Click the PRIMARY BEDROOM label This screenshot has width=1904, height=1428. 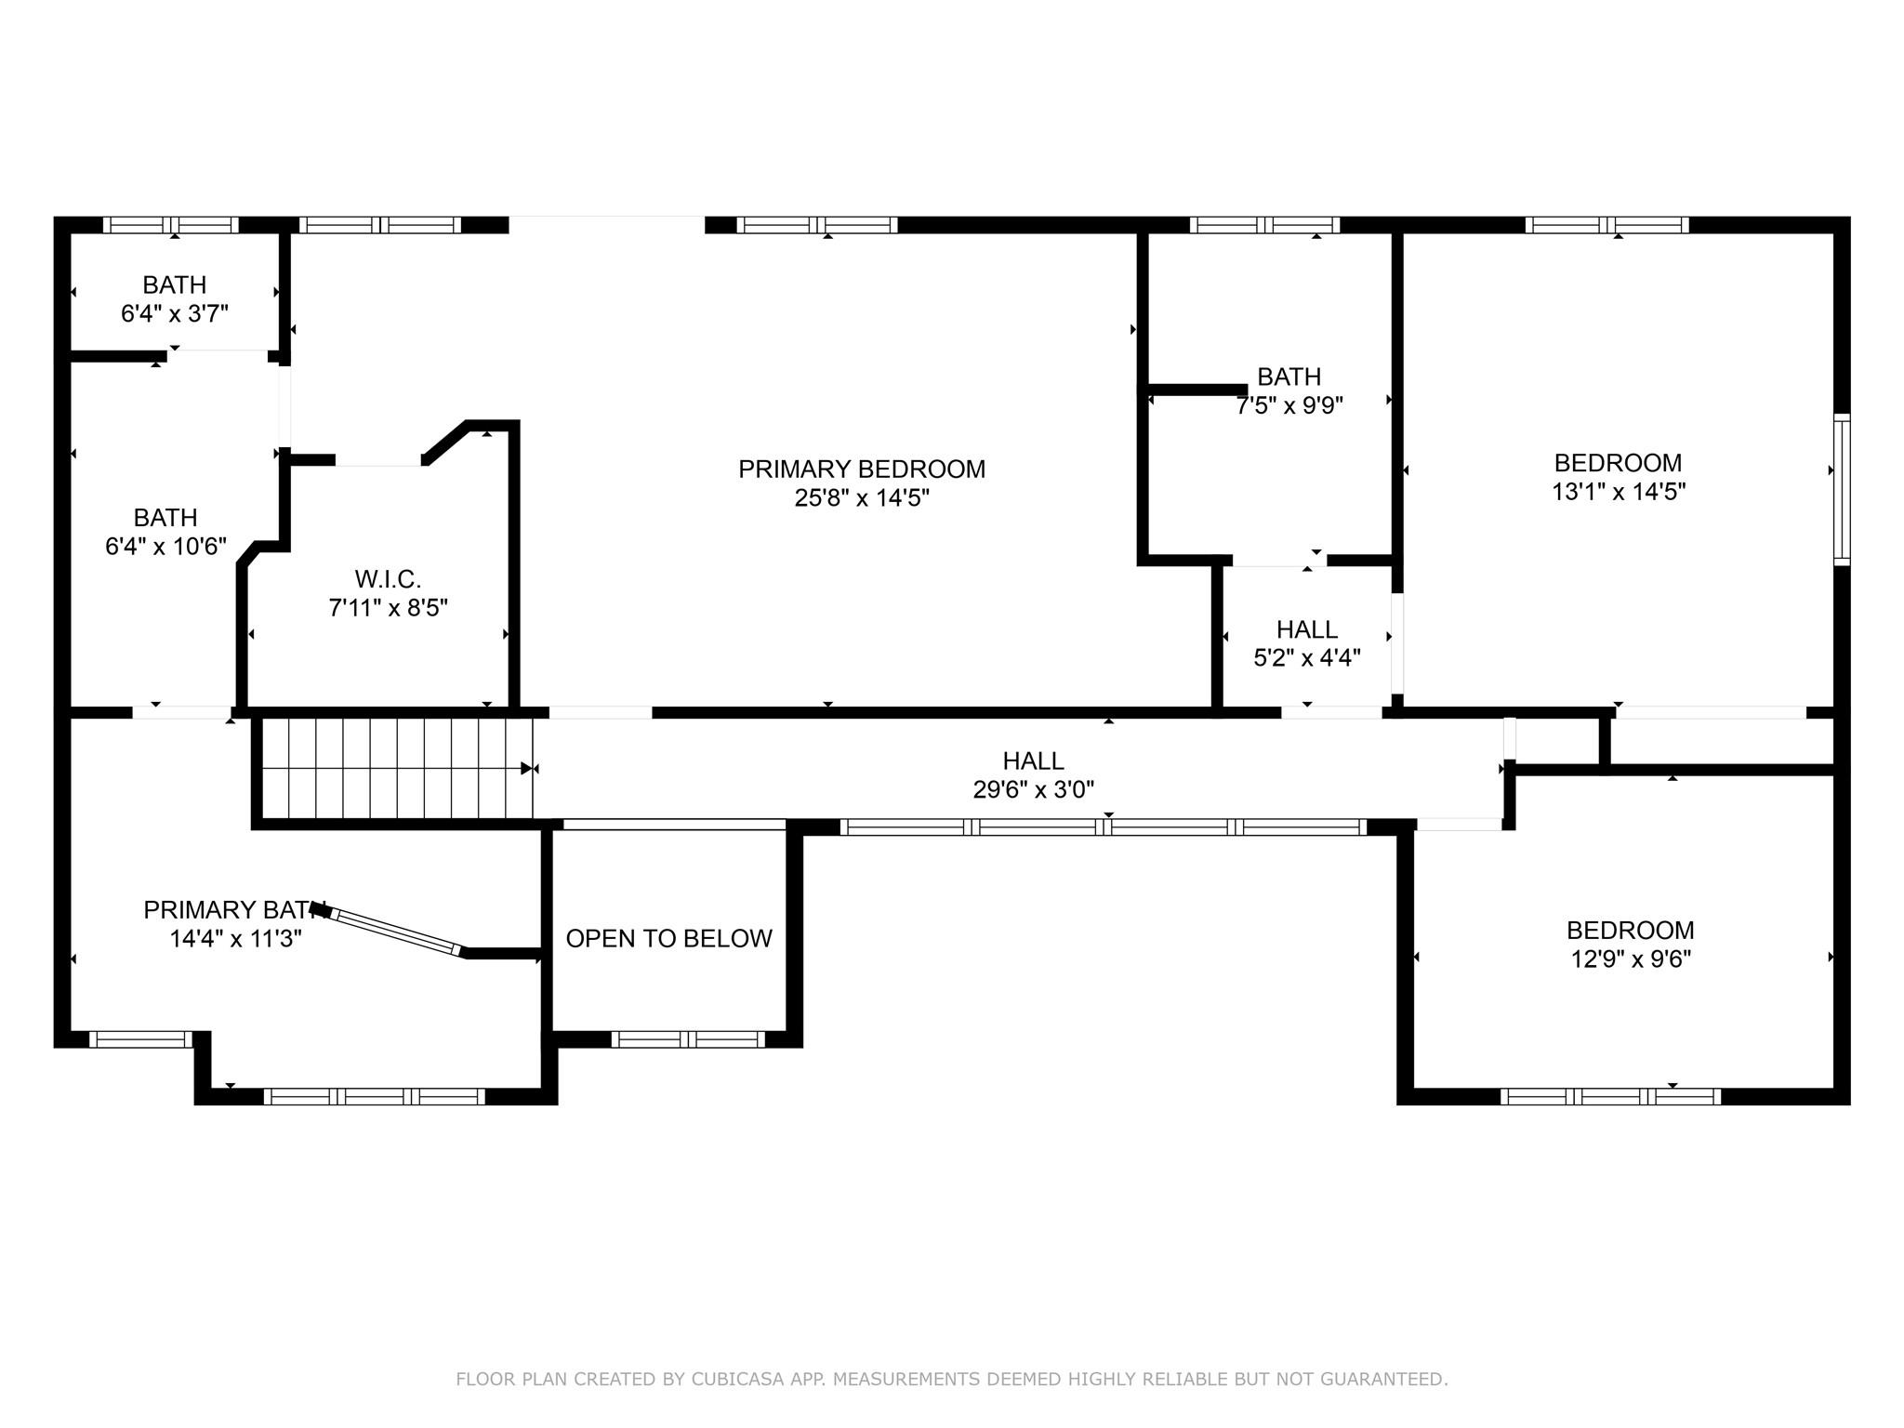pos(862,469)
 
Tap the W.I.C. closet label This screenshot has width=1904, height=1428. pos(389,579)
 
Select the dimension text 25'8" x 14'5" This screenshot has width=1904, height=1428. pos(862,498)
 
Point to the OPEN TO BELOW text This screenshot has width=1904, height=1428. pos(669,939)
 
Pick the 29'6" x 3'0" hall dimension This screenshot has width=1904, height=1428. pos(1034,789)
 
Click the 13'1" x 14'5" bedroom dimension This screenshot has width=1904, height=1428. pos(1619,492)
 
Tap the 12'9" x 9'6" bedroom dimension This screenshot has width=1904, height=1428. pos(1631,959)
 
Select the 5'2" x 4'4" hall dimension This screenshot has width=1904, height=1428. pos(1307,658)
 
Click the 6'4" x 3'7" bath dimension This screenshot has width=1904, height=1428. pos(175,313)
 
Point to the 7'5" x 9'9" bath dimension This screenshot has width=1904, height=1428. pos(1289,405)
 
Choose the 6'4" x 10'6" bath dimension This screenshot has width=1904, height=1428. pos(165,546)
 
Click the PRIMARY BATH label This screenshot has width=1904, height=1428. pos(231,910)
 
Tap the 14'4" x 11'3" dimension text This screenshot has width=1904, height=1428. pos(236,939)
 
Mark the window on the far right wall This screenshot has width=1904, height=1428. pos(1842,489)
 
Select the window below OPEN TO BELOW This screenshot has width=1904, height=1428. pos(688,1039)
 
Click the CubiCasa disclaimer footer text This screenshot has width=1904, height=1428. pos(952,1380)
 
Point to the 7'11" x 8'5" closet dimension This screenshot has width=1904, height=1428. pos(389,608)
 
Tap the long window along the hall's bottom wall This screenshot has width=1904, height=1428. pos(1104,827)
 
